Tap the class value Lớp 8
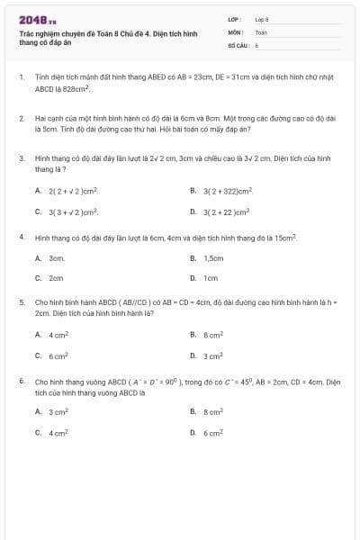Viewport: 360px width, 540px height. click(262, 18)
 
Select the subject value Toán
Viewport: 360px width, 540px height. click(261, 31)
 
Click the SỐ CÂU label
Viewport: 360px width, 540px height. click(237, 44)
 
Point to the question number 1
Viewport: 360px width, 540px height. click(21, 78)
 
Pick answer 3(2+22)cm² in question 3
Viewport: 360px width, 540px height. click(225, 211)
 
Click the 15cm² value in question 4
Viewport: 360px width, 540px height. click(285, 237)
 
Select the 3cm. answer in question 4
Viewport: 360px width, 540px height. click(57, 257)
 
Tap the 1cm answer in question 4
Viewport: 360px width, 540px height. click(211, 278)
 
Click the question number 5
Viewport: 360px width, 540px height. click(21, 302)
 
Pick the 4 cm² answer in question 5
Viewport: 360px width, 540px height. click(58, 334)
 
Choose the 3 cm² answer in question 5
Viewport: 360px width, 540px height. click(213, 355)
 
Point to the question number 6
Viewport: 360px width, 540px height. click(21, 381)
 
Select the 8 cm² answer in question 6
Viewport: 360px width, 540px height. click(213, 412)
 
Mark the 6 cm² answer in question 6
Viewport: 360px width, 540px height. click(213, 433)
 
